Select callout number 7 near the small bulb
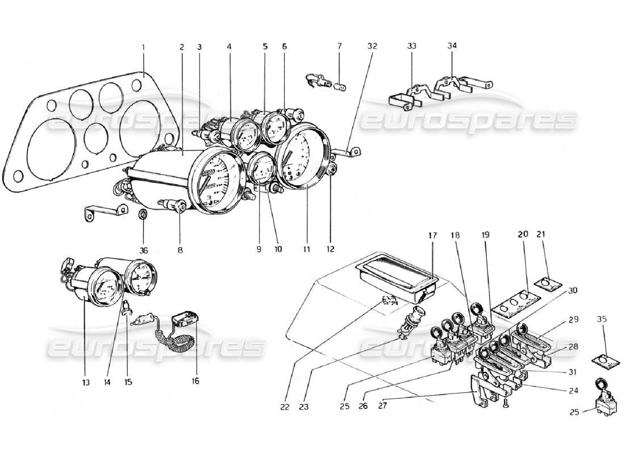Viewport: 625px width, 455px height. (x=339, y=45)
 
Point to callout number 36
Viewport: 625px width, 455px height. (x=143, y=249)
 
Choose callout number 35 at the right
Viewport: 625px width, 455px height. (x=602, y=320)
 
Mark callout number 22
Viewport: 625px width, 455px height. (x=285, y=407)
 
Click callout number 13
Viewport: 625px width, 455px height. (x=85, y=382)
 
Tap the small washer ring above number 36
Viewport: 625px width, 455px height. (x=144, y=214)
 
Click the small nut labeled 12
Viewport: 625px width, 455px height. (x=332, y=168)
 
